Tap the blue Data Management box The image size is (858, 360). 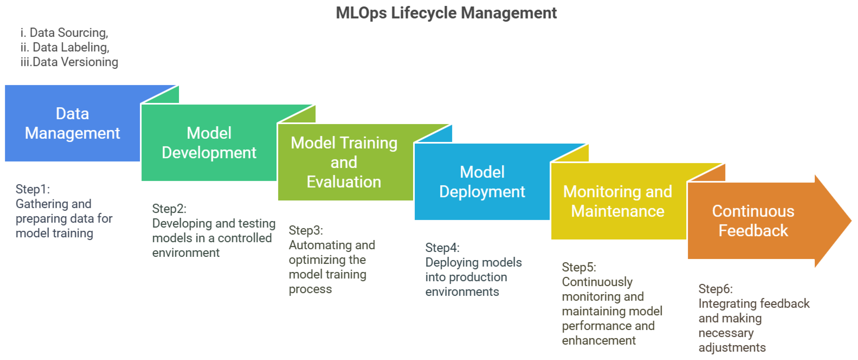[72, 123]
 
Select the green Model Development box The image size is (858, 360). [209, 143]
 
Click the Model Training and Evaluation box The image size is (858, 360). [344, 162]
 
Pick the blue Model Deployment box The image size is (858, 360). [482, 182]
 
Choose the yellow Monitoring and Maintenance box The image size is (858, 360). [618, 201]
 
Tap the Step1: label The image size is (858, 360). [33, 189]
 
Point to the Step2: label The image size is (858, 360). [169, 209]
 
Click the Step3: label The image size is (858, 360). [306, 230]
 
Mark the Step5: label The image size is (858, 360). [579, 267]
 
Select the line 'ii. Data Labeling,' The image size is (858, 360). [65, 47]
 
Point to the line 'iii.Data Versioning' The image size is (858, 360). [69, 62]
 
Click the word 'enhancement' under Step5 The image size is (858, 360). [599, 341]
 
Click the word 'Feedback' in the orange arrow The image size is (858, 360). [753, 230]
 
